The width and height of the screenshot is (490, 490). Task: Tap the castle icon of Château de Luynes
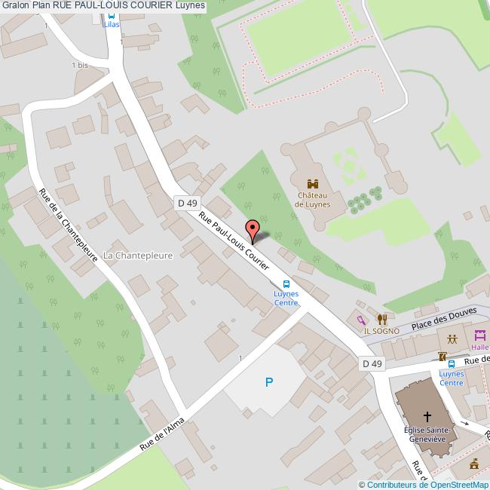tap(313, 183)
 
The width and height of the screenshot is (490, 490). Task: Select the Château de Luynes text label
tap(313, 199)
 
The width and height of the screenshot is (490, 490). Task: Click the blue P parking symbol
tap(269, 383)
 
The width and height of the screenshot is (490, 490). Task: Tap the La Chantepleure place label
tap(138, 256)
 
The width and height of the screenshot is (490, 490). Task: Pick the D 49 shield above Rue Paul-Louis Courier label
tap(186, 203)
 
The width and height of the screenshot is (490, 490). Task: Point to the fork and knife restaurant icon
tap(381, 319)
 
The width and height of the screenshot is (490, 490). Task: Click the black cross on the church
tap(427, 415)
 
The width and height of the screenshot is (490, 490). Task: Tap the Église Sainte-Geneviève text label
tap(427, 434)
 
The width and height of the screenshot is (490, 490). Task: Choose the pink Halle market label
tap(480, 348)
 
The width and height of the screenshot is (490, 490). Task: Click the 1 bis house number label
tap(80, 66)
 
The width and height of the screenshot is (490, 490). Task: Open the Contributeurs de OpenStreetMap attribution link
tap(427, 484)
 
